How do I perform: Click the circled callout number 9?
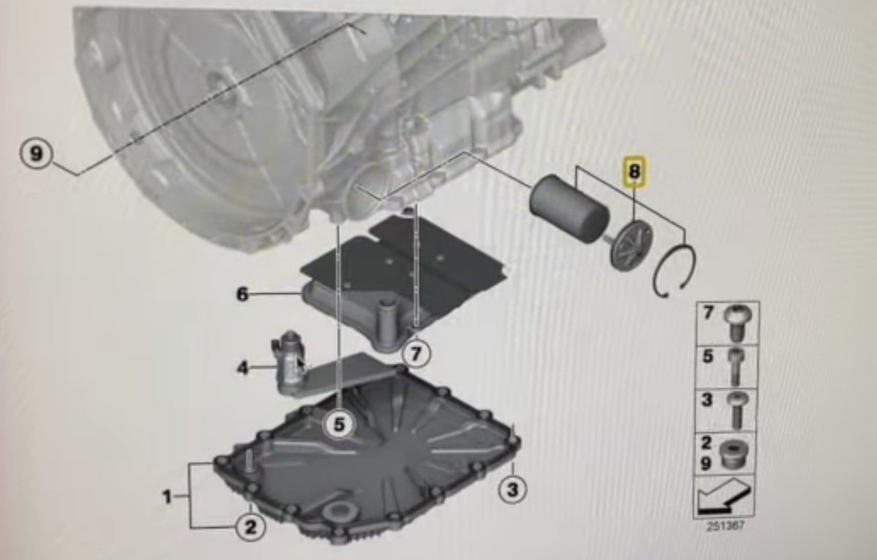(36, 153)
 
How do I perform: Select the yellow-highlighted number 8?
(634, 172)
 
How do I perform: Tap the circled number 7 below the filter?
(416, 354)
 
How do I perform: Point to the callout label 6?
(243, 294)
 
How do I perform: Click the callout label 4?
(243, 367)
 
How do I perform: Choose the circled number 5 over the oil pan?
(339, 424)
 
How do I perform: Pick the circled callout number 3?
(512, 490)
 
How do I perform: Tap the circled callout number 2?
(251, 526)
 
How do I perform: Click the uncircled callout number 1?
(167, 497)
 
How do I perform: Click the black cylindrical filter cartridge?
(569, 210)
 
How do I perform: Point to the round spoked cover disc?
(631, 245)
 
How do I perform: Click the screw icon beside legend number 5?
(735, 367)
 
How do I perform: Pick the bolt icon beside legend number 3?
(736, 410)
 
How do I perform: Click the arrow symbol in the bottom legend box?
(723, 496)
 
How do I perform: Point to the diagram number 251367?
(725, 526)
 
